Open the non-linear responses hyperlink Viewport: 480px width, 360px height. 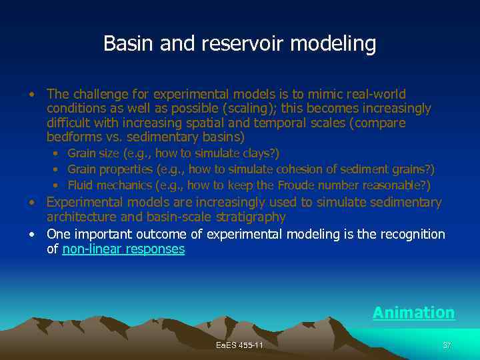pyautogui.click(x=123, y=249)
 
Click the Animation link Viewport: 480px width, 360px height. pyautogui.click(x=413, y=313)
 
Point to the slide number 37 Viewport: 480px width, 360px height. pyautogui.click(x=447, y=345)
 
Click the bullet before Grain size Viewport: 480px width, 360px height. pyautogui.click(x=57, y=155)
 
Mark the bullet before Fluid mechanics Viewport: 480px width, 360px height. pyautogui.click(x=57, y=185)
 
